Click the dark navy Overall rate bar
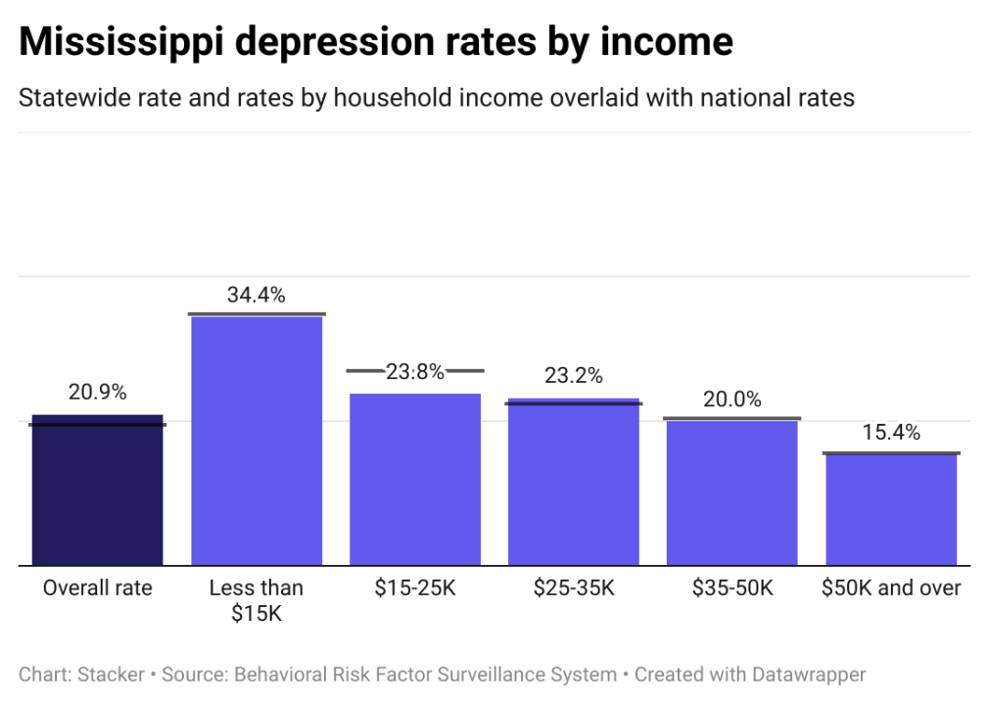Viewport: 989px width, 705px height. click(97, 490)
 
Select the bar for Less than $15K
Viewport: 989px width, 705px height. click(256, 441)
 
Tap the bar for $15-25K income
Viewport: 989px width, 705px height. click(415, 480)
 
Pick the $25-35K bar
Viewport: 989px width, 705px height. click(574, 482)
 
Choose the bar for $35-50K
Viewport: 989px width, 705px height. click(732, 493)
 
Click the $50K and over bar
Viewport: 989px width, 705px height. click(891, 509)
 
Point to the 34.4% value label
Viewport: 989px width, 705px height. click(257, 295)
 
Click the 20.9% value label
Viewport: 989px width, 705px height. click(97, 392)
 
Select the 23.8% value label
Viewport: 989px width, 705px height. click(415, 371)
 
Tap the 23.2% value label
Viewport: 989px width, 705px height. click(574, 375)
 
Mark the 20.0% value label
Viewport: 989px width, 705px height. click(732, 399)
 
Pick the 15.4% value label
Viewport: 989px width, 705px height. click(891, 433)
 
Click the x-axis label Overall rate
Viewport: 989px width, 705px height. click(97, 588)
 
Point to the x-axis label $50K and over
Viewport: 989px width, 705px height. click(891, 588)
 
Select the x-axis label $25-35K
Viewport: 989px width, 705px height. click(574, 588)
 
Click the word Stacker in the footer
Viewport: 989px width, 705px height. click(111, 674)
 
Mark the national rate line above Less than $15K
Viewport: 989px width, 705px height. click(257, 313)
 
